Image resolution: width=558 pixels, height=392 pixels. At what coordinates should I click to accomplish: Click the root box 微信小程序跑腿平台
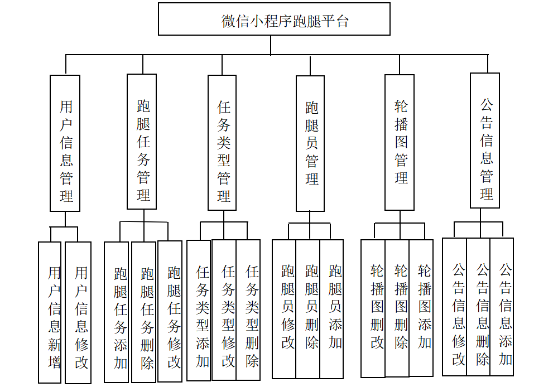[x=274, y=20]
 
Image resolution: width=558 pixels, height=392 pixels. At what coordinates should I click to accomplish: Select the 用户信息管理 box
[x=65, y=143]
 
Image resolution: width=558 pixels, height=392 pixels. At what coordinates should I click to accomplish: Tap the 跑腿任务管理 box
[x=142, y=142]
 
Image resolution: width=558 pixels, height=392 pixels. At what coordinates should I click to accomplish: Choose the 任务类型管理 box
[x=222, y=143]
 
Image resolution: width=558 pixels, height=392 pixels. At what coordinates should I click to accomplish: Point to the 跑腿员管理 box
[x=310, y=143]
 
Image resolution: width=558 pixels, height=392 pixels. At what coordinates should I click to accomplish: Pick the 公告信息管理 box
[x=485, y=141]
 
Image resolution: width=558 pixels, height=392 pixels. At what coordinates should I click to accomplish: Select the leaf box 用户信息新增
[x=50, y=312]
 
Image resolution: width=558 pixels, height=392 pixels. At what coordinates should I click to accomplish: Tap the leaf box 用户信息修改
[x=78, y=313]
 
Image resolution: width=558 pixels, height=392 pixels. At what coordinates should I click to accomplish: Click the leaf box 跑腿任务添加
[x=117, y=312]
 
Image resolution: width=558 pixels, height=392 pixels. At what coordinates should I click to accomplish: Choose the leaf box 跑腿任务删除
[x=144, y=312]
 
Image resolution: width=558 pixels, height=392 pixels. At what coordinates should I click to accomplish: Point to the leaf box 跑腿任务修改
[x=170, y=311]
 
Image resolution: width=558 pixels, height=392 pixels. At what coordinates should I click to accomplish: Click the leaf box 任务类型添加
[x=199, y=311]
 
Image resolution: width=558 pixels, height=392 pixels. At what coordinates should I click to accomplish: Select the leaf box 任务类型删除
[x=248, y=310]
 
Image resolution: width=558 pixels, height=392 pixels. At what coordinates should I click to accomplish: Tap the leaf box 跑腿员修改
[x=284, y=309]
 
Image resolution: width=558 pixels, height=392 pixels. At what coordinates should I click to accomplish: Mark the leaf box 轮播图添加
[x=421, y=308]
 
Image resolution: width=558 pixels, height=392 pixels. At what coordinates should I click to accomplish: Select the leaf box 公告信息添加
[x=502, y=307]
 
